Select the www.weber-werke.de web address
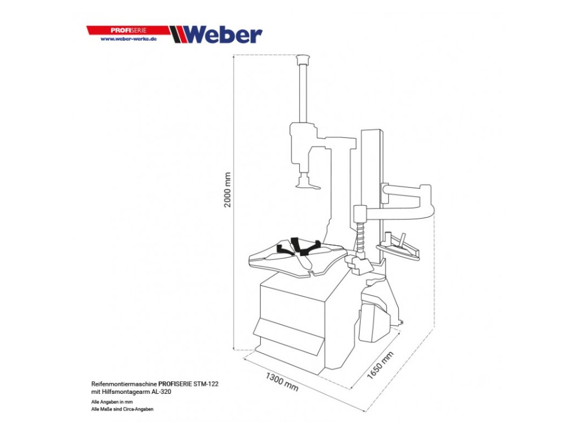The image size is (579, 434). coord(128,39)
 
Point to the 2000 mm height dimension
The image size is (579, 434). coord(228,189)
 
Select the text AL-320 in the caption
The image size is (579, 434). coord(161,391)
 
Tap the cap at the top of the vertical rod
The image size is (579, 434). coord(304,58)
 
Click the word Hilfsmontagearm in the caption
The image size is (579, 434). coord(124,391)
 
